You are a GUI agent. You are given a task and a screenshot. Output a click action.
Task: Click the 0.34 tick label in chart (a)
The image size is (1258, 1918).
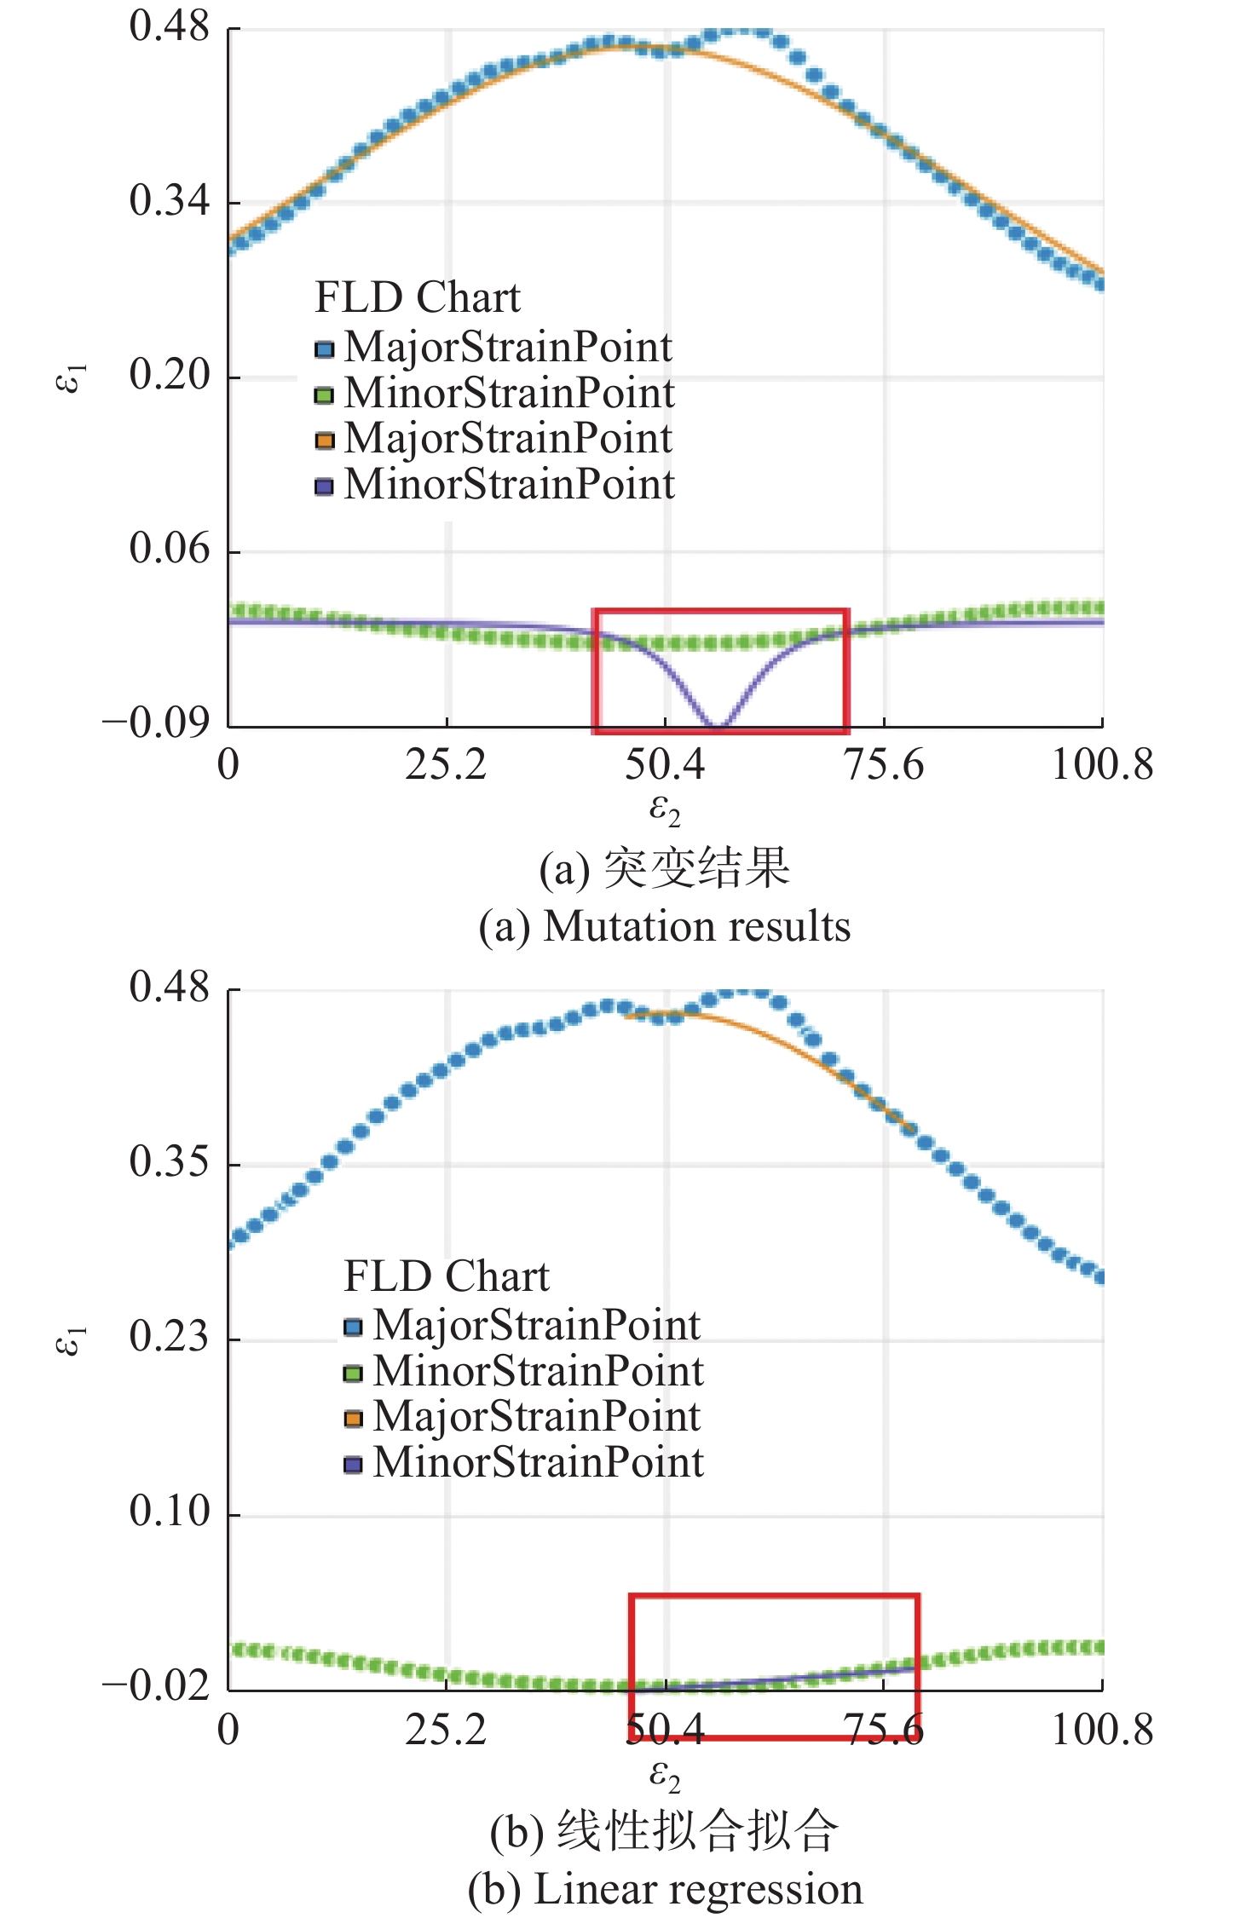(169, 201)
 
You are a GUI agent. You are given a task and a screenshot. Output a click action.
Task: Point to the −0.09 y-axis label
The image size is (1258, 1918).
(156, 723)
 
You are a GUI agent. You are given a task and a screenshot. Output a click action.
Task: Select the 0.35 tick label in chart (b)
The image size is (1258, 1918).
(169, 1161)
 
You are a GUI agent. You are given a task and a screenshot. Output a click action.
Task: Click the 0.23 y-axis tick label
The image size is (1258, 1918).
(169, 1336)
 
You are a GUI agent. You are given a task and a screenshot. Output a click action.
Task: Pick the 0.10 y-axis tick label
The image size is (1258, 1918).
(169, 1511)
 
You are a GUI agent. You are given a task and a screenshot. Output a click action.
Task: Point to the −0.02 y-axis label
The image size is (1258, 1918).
(156, 1685)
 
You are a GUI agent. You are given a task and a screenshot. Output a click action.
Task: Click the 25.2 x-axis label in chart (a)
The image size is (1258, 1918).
(445, 764)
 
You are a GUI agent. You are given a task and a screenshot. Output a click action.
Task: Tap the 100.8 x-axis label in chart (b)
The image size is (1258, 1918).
(1101, 1730)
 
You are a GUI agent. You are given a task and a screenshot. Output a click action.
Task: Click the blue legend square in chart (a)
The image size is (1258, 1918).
(324, 349)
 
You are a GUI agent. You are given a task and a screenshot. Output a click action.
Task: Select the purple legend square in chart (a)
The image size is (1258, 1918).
(324, 487)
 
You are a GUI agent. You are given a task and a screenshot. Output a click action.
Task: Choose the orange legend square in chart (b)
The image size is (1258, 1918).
(353, 1419)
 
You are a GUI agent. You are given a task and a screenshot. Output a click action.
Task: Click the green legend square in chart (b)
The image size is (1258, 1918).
(353, 1373)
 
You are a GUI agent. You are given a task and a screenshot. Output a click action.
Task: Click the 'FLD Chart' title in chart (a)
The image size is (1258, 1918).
(417, 297)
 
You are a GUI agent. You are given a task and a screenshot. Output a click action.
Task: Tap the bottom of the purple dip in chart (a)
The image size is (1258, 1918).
(718, 727)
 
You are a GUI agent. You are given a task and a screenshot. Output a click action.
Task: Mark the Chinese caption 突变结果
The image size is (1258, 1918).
(696, 869)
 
